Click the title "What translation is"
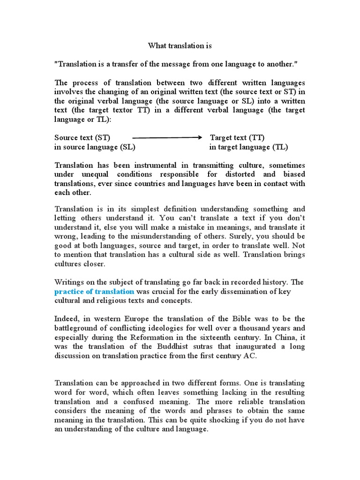tap(180, 45)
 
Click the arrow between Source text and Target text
tap(167, 138)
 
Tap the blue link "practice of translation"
tap(94, 292)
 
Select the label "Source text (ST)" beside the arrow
tap(82, 138)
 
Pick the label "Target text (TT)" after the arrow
tap(237, 138)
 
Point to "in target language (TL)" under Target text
tap(248, 147)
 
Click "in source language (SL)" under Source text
tap(95, 147)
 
